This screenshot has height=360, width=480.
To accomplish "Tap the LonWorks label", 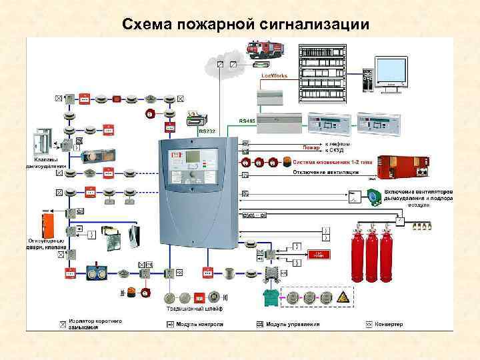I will tap(274, 76).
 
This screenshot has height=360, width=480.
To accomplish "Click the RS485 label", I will tap(247, 121).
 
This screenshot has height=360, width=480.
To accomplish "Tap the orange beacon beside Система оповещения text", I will tap(287, 161).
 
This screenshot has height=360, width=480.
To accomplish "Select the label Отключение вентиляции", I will tap(325, 172).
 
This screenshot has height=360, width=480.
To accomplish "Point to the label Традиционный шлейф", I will tap(195, 309).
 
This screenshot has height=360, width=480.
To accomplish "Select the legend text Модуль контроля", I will tap(200, 324).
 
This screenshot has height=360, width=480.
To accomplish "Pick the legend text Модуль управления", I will tap(293, 324).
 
